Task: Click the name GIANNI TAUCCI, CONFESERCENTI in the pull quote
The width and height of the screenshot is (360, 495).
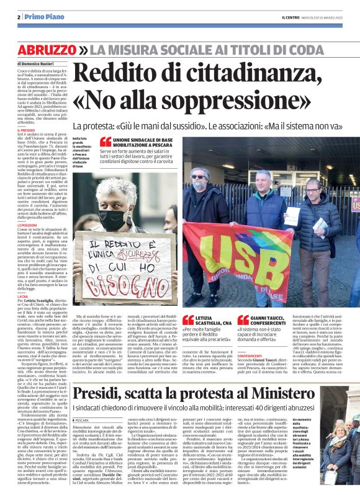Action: coord(281,323)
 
